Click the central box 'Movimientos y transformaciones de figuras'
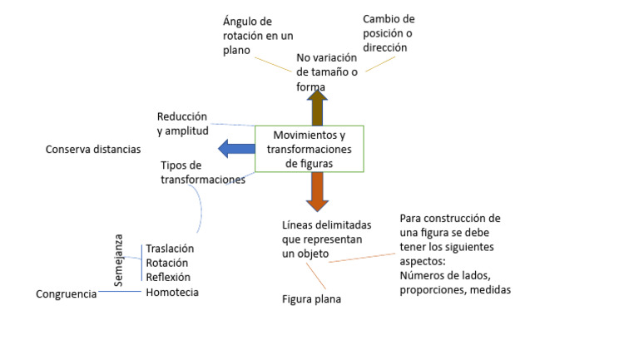[309, 149]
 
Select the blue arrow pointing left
[236, 149]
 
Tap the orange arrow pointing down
[316, 192]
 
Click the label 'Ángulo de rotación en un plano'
[258, 35]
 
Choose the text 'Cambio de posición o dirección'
[389, 33]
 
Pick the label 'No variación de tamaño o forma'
[326, 72]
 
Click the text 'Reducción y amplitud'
[181, 123]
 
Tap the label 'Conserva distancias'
[93, 150]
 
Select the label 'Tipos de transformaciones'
[202, 172]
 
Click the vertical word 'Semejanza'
[118, 260]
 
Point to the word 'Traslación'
[170, 249]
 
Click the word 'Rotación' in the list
[167, 263]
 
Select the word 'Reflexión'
[168, 277]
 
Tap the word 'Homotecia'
[172, 292]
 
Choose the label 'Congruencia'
[67, 293]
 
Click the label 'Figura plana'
[311, 299]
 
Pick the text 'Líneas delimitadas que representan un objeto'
[326, 239]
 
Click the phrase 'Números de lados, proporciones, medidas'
[454, 284]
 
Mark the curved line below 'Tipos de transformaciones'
[199, 208]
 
